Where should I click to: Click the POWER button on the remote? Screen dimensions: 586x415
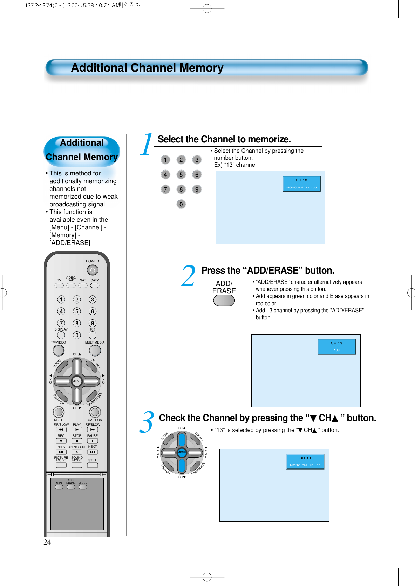click(93, 270)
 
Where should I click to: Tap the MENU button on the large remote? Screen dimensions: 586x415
click(77, 381)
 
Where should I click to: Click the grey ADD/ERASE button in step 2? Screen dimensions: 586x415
click(224, 301)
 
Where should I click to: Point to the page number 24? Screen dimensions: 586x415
click(47, 542)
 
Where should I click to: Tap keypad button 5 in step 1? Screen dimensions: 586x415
click(181, 175)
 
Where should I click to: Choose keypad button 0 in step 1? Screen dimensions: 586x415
click(181, 204)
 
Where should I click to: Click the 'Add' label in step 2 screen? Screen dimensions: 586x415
click(336, 351)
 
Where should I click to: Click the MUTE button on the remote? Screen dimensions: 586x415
click(59, 412)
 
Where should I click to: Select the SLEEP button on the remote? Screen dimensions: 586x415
click(83, 487)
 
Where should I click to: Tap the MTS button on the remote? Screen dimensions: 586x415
click(59, 487)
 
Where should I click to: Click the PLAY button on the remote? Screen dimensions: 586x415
click(77, 429)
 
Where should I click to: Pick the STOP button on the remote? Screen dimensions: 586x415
click(77, 441)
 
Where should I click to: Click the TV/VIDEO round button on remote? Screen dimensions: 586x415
click(59, 350)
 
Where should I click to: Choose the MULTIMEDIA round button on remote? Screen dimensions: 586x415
click(95, 350)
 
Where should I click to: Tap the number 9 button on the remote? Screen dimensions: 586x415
click(93, 323)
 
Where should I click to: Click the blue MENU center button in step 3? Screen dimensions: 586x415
click(182, 453)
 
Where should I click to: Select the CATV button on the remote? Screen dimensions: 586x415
click(95, 285)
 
